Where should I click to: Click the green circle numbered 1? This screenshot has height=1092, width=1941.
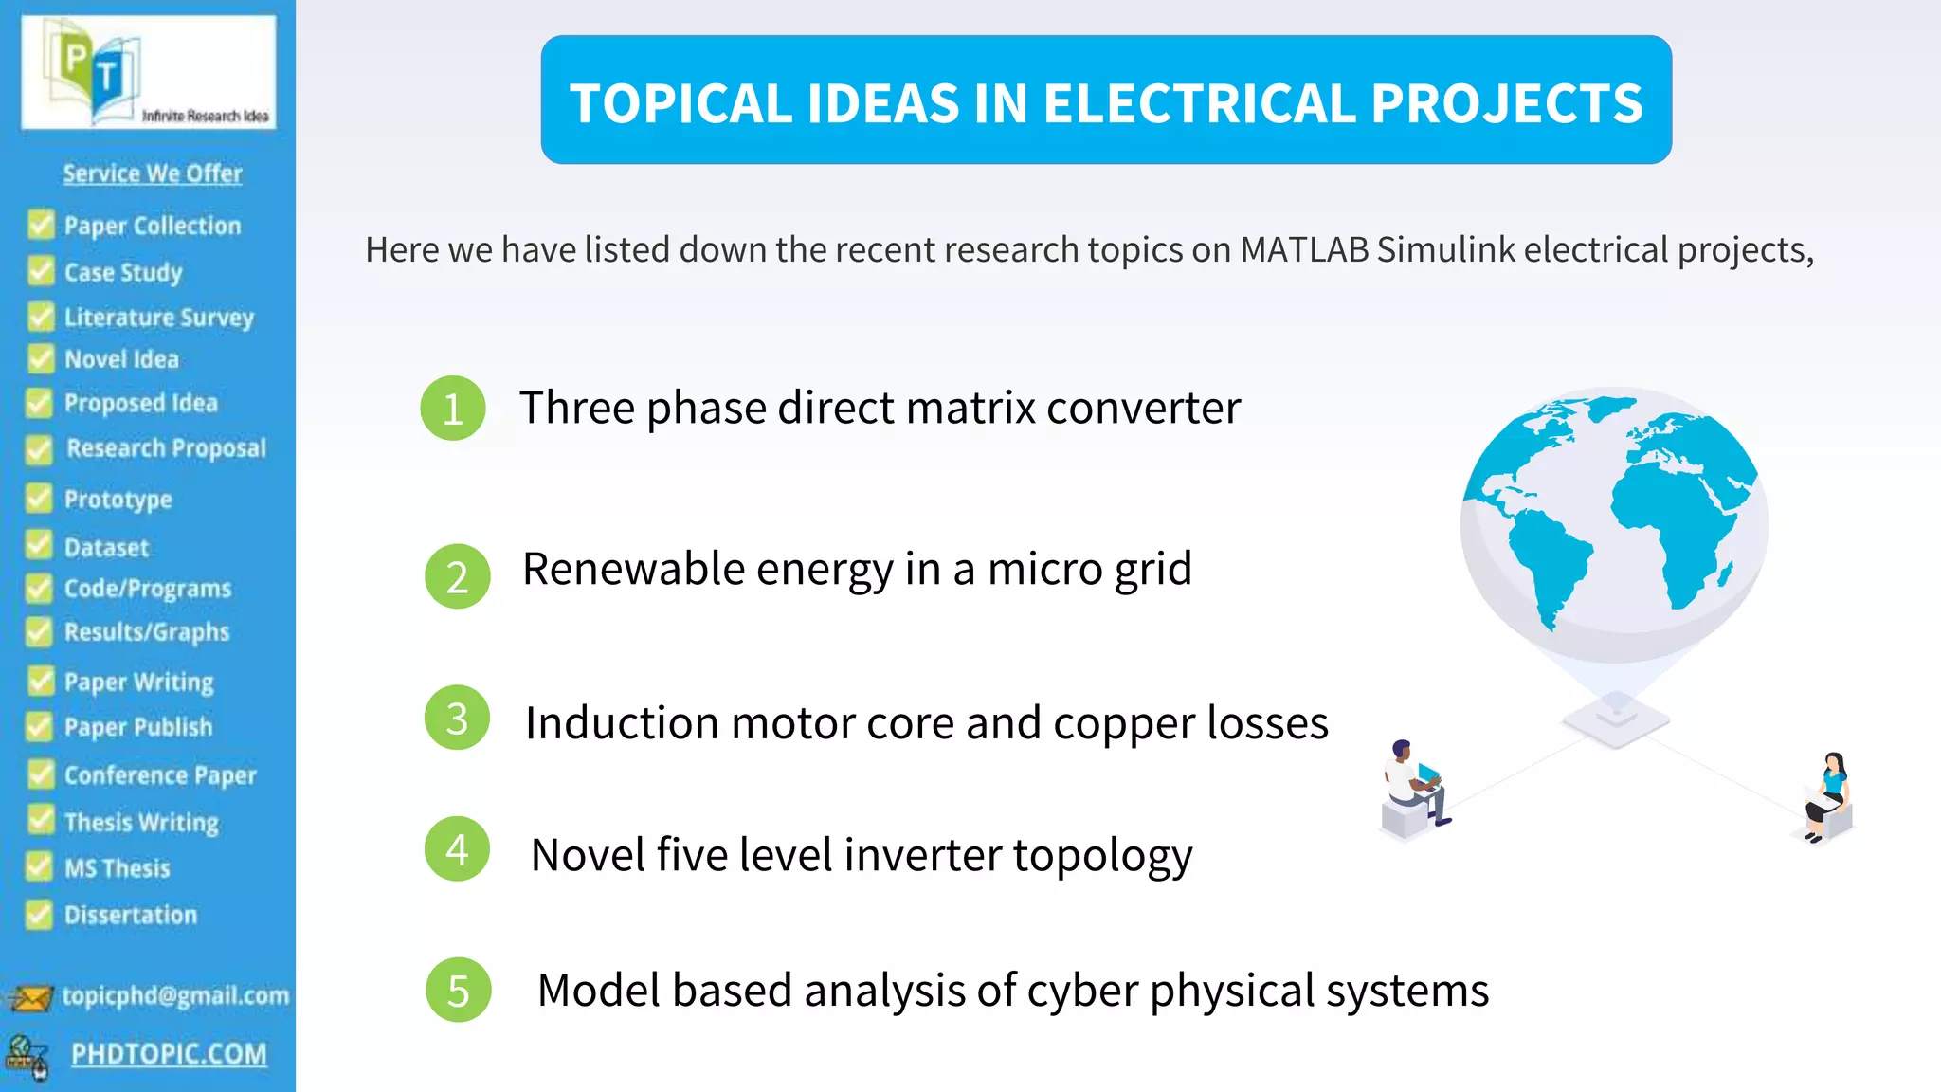click(453, 409)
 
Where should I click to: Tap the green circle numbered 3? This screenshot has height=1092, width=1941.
click(457, 719)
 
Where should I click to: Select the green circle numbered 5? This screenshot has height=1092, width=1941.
click(459, 991)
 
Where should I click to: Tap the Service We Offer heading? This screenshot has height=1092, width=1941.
click(153, 173)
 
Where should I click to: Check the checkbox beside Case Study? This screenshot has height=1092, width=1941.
click(41, 271)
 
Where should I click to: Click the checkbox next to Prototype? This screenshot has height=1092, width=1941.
click(40, 499)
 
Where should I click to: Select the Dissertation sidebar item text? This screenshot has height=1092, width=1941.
click(131, 915)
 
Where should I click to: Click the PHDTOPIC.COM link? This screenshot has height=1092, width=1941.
click(169, 1054)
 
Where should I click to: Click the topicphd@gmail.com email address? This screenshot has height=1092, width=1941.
click(175, 995)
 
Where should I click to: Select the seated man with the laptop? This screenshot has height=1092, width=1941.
click(1413, 787)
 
